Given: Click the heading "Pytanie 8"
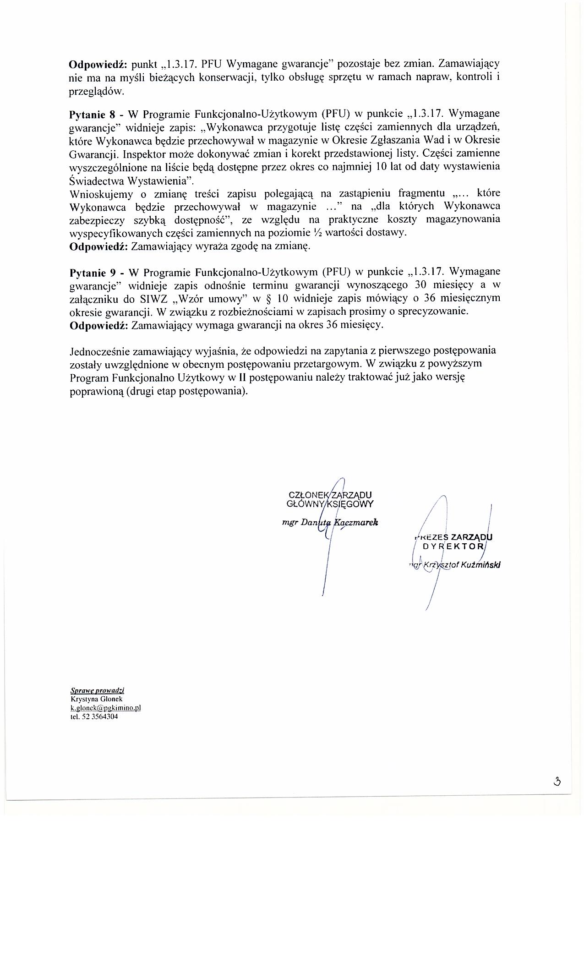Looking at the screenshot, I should point(92,114).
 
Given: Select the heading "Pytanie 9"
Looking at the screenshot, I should point(92,273).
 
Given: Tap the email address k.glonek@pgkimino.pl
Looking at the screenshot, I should point(105,708).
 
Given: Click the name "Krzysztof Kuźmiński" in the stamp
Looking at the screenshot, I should point(462,565).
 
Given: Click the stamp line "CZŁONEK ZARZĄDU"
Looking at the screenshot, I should point(330,495).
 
